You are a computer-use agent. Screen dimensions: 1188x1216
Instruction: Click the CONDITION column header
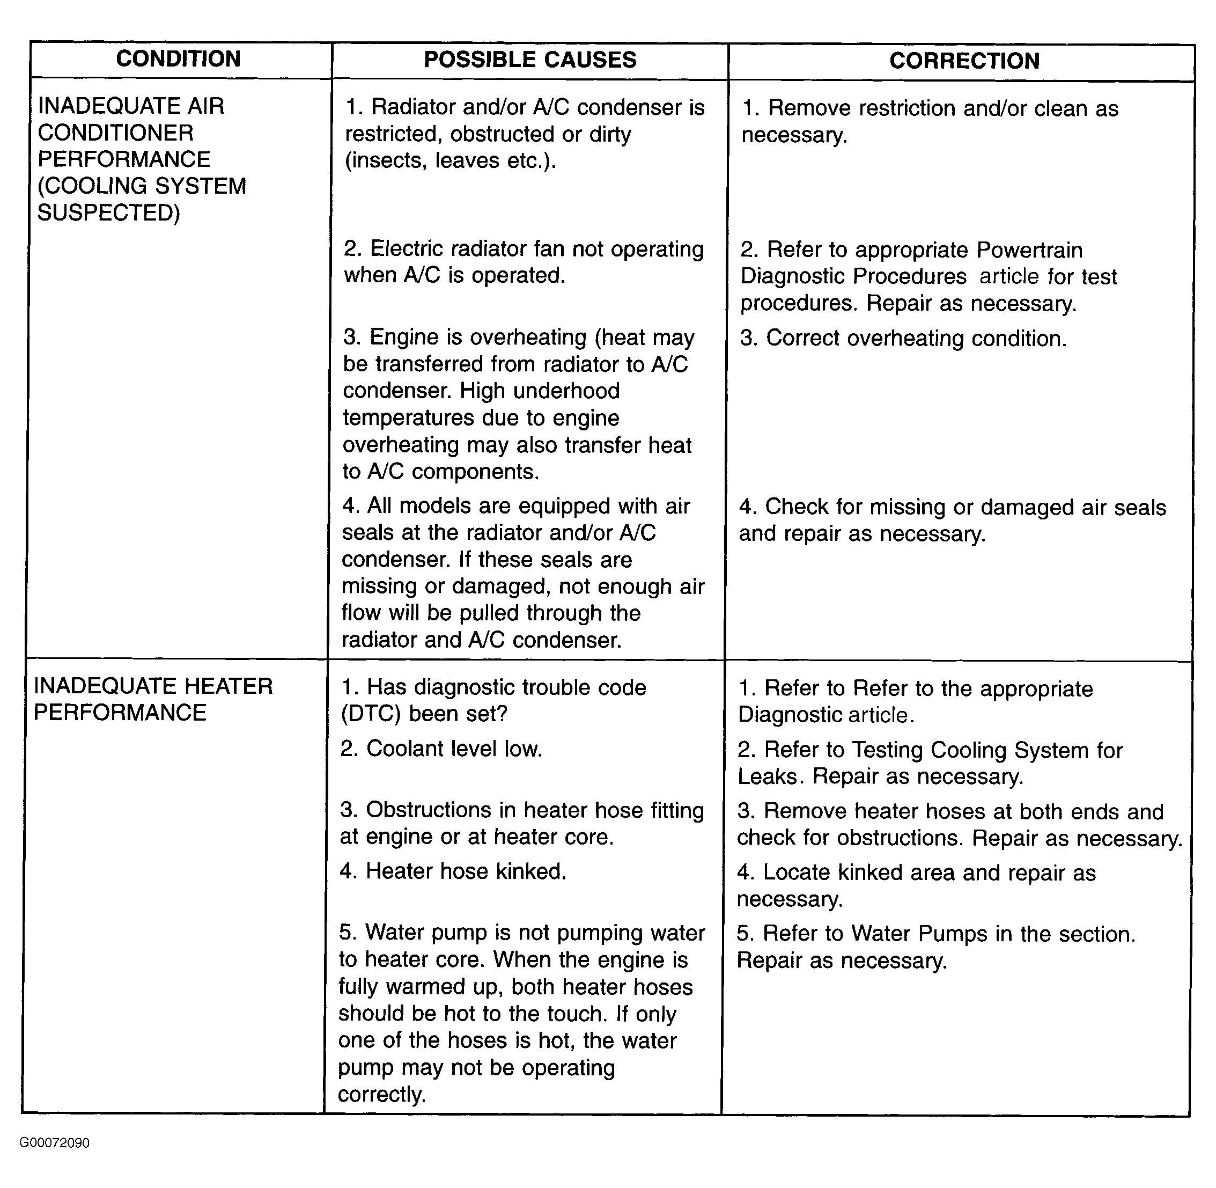coord(178,59)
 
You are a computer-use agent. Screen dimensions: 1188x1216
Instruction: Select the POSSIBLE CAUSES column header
coord(530,60)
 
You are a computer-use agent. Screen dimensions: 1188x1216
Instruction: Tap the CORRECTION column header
coord(964,61)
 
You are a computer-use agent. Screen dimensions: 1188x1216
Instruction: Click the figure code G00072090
coord(55,1142)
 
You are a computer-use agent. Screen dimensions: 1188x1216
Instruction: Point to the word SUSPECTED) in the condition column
coord(109,214)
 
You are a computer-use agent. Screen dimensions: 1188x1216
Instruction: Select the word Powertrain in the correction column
coord(1029,250)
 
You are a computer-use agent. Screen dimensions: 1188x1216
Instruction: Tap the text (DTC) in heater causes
coord(371,714)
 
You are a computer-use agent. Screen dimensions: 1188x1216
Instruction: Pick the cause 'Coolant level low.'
coord(441,749)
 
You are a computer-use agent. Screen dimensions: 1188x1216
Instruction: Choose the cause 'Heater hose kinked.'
coord(453,871)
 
